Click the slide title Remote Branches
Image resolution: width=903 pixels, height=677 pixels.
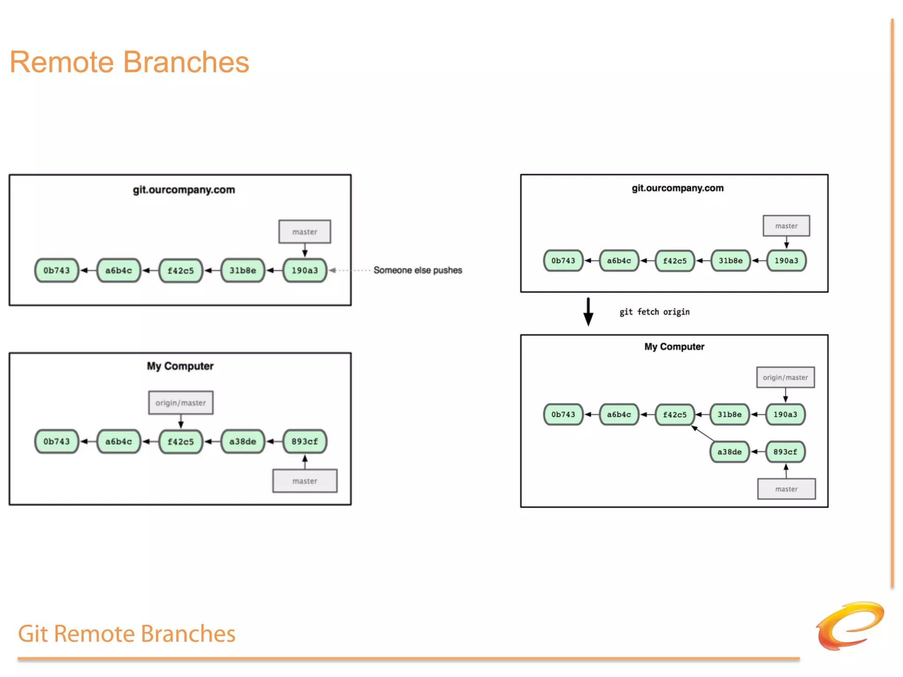pyautogui.click(x=129, y=62)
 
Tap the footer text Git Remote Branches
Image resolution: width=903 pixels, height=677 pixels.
pyautogui.click(x=127, y=634)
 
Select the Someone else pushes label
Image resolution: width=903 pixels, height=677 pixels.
pyautogui.click(x=418, y=270)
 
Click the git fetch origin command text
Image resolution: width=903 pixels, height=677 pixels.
pyautogui.click(x=654, y=312)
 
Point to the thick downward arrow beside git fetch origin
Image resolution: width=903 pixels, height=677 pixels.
pyautogui.click(x=588, y=312)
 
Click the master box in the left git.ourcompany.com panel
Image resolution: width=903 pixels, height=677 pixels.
pyautogui.click(x=305, y=232)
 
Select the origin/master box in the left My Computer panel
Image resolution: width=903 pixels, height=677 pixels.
pyautogui.click(x=181, y=403)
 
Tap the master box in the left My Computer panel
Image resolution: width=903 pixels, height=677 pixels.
pyautogui.click(x=305, y=481)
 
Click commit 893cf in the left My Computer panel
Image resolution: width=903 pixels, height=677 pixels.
pyautogui.click(x=305, y=442)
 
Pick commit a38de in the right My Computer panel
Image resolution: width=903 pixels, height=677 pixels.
pyautogui.click(x=729, y=452)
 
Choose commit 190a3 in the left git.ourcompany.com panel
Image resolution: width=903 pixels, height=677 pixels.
pyautogui.click(x=305, y=271)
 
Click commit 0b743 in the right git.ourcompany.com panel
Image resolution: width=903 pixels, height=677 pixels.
pyautogui.click(x=563, y=260)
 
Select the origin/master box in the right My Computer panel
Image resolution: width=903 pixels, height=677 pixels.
pyautogui.click(x=785, y=377)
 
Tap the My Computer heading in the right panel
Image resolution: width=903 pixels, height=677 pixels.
pyautogui.click(x=674, y=347)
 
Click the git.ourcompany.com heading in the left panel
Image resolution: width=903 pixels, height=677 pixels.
pyautogui.click(x=184, y=190)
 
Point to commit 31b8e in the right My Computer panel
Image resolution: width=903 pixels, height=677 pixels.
pyautogui.click(x=729, y=414)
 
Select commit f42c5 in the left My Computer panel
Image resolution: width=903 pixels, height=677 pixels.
pyautogui.click(x=181, y=442)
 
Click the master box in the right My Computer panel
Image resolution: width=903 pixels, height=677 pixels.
pyautogui.click(x=786, y=489)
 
